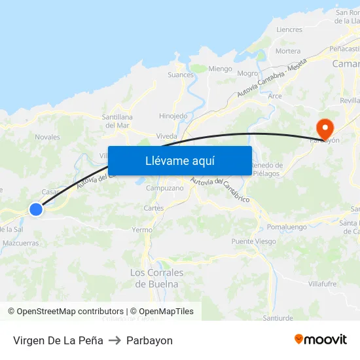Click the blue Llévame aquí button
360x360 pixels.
tap(180, 160)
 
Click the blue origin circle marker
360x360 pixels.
tap(36, 209)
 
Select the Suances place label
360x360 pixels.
tap(181, 75)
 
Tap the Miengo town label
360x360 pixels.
tap(220, 69)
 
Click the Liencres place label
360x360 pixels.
tap(289, 29)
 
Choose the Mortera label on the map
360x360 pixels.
tap(288, 51)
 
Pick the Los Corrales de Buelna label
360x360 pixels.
tap(157, 278)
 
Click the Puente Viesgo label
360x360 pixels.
tap(253, 242)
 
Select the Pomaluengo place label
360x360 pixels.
tap(287, 226)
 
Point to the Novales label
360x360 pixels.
tap(47, 137)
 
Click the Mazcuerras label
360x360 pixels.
tap(21, 243)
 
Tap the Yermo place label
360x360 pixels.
tap(142, 230)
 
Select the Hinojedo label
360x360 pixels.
tap(173, 117)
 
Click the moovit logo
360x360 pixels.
tap(321, 340)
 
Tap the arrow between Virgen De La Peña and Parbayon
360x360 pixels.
tap(115, 340)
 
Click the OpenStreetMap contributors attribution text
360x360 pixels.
tap(70, 312)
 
